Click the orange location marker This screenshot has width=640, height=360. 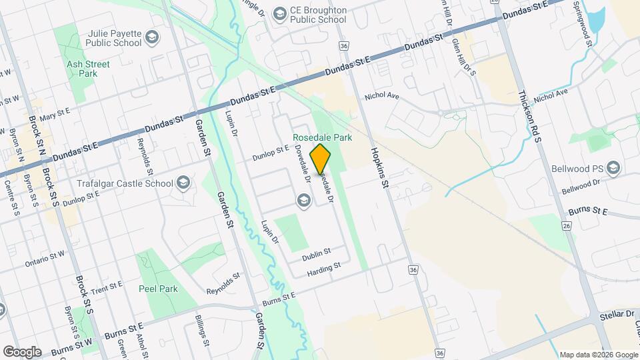[x=320, y=159]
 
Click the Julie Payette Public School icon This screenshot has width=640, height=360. [x=153, y=37]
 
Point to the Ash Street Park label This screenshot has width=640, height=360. [x=82, y=69]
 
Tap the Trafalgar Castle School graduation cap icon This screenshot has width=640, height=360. [x=183, y=183]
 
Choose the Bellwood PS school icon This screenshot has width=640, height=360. [x=613, y=167]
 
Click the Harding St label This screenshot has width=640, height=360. [x=324, y=267]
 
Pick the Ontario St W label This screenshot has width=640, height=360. [x=45, y=257]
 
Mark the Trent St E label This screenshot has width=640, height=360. [x=106, y=287]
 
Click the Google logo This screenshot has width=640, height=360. [x=22, y=351]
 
